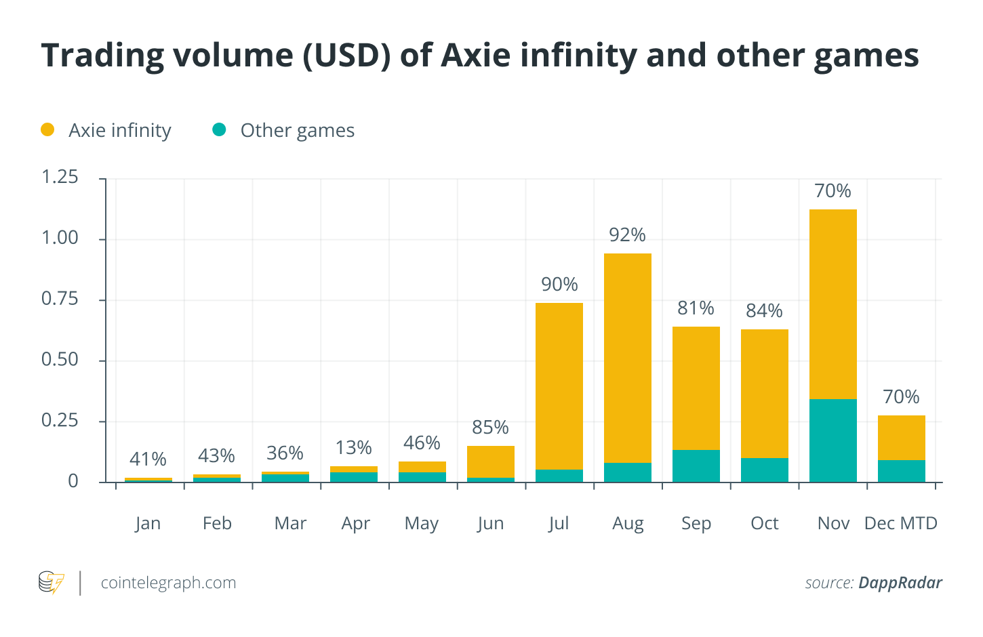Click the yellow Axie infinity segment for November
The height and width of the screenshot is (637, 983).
[x=833, y=304]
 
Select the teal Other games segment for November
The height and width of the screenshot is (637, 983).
[x=833, y=440]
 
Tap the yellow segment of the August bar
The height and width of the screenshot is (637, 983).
[x=628, y=358]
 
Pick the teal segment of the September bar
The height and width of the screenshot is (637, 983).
[x=696, y=466]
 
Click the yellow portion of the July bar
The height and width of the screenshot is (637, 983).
[x=559, y=386]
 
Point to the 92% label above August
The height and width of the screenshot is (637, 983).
[x=627, y=235]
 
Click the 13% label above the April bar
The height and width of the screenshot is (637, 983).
[x=354, y=448]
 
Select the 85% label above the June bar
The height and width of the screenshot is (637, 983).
[x=490, y=428]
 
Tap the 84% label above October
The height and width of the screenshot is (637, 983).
[x=764, y=311]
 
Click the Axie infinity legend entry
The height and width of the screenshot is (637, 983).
[x=119, y=130]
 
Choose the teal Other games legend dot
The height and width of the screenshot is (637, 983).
[x=219, y=129]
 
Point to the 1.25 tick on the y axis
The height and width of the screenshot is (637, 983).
[x=60, y=178]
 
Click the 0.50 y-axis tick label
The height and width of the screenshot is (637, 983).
[x=60, y=360]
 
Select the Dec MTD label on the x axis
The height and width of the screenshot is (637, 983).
[x=900, y=524]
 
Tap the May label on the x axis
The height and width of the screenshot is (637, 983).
[x=422, y=524]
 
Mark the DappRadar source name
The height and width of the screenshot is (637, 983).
[x=900, y=583]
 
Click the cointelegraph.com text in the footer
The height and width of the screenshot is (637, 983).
[x=168, y=583]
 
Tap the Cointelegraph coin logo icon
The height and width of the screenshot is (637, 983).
[x=52, y=583]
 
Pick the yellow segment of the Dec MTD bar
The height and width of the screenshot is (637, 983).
[x=902, y=438]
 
